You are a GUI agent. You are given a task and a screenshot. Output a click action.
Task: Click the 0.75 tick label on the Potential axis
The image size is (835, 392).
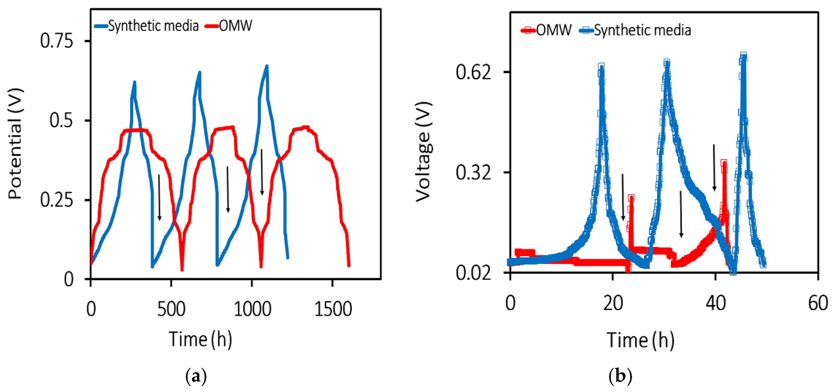point(56,41)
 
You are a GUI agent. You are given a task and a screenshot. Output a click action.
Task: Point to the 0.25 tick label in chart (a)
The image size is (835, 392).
point(56,200)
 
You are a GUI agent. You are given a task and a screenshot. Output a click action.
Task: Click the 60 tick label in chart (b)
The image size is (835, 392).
point(818,303)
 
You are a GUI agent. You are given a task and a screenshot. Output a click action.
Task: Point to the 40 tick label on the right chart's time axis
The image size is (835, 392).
point(715,303)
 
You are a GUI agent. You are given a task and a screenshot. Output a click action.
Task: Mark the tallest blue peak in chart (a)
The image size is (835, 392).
point(267,66)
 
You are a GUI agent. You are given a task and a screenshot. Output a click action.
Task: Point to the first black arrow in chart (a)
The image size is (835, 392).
point(159,198)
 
